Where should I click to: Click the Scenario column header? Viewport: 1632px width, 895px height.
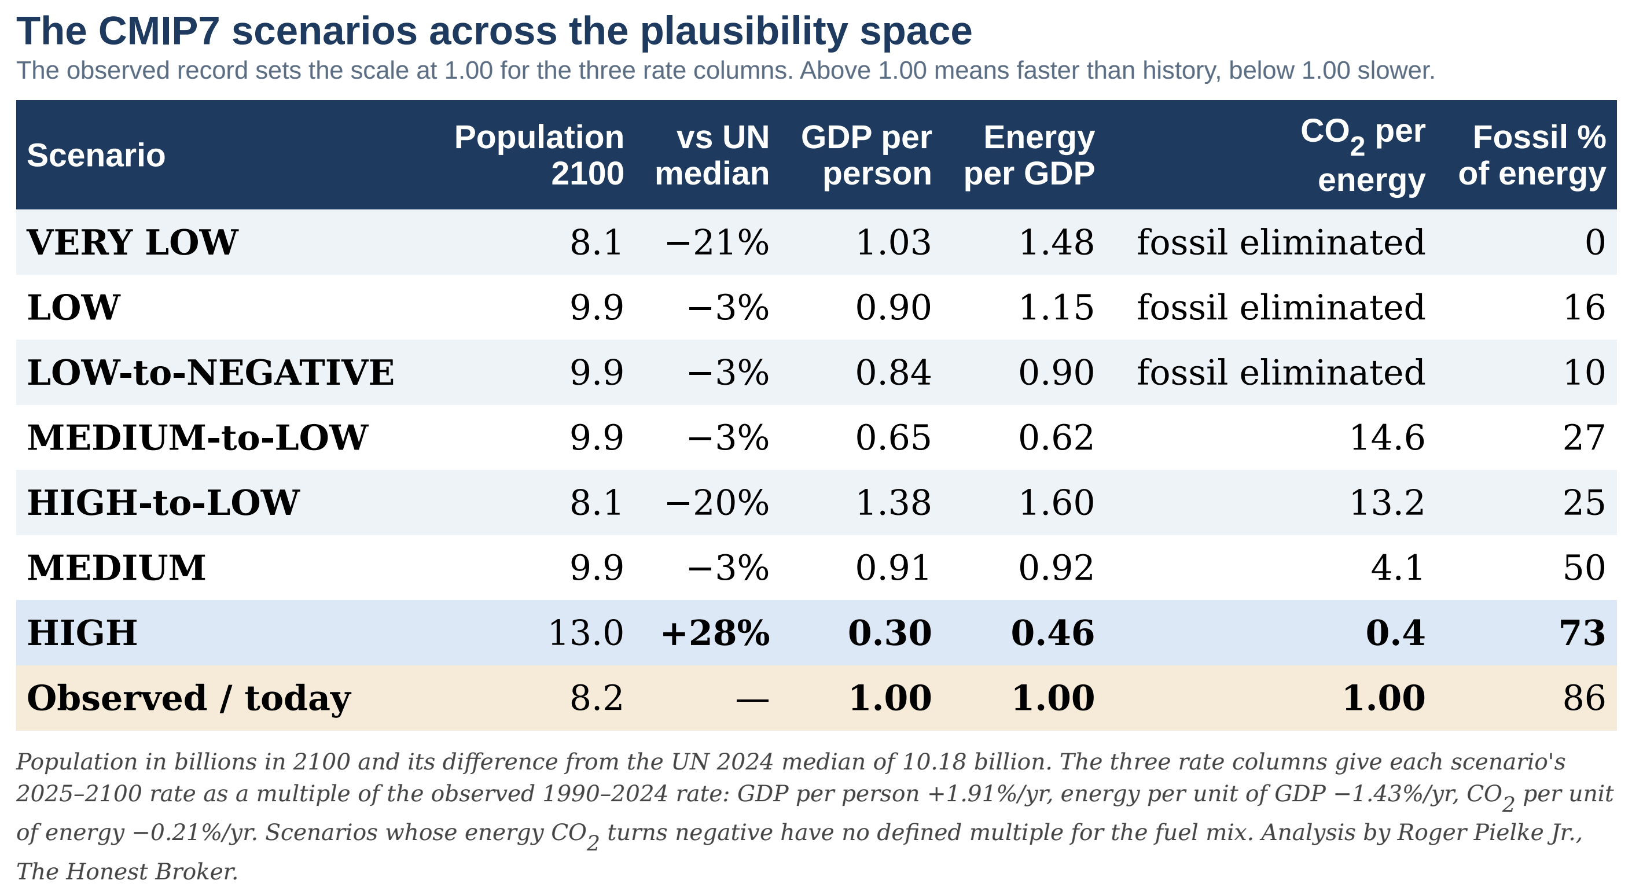click(95, 155)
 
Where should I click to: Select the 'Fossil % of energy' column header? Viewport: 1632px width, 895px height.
click(1532, 155)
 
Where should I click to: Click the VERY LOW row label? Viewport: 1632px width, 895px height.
click(133, 242)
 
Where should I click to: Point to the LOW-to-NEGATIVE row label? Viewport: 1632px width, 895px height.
click(210, 372)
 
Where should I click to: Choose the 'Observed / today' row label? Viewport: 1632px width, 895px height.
click(189, 699)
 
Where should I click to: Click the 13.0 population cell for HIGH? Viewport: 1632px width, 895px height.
click(586, 633)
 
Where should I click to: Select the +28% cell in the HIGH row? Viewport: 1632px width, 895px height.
click(715, 633)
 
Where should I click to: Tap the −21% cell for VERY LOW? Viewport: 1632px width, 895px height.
click(717, 242)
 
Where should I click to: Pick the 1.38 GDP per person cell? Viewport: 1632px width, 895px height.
click(894, 502)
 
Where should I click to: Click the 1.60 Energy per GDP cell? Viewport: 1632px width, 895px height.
click(1056, 502)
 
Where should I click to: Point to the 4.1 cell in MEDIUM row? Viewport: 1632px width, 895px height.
click(1398, 568)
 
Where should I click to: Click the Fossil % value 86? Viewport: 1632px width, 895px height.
click(1585, 698)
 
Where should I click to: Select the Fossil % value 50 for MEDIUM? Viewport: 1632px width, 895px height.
click(1585, 568)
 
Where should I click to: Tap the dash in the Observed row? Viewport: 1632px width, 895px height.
click(753, 699)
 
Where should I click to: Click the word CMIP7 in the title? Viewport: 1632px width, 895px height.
click(160, 31)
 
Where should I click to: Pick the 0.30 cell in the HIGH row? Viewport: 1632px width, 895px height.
click(890, 633)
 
